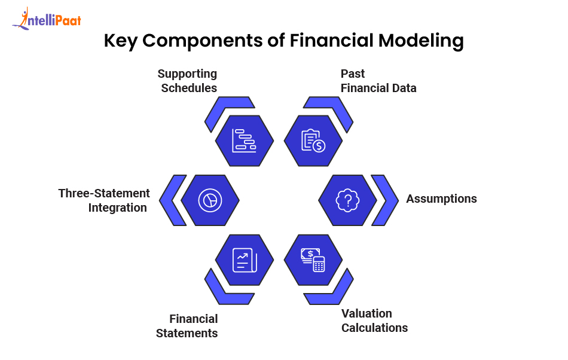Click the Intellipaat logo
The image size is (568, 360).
[46, 19]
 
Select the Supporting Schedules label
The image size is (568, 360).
[188, 81]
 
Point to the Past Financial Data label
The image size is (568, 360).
[378, 81]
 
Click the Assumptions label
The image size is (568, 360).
[441, 199]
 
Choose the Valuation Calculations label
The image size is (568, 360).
[374, 321]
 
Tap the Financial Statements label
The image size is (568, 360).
[187, 326]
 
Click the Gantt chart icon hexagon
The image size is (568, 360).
[245, 140]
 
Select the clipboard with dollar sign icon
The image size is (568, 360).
[313, 140]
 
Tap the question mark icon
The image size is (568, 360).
[347, 200]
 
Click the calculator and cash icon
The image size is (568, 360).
[313, 259]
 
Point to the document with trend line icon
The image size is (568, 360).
[245, 259]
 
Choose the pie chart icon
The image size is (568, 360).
[210, 200]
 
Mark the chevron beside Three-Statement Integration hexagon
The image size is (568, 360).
[172, 200]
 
